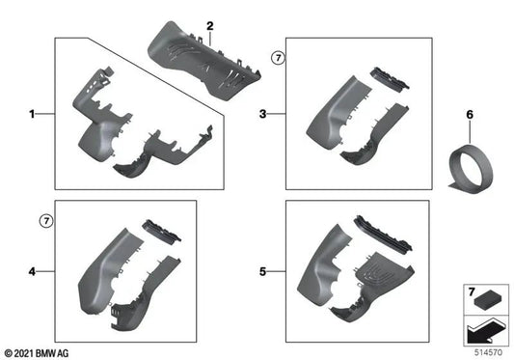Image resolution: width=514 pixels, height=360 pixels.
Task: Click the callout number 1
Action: click(32, 114)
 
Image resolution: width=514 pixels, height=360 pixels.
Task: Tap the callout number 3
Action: click(264, 114)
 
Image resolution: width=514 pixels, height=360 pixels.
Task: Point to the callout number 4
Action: click(32, 273)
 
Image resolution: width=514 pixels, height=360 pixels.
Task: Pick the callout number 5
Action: click(264, 273)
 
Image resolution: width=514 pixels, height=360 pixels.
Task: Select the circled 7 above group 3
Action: click(278, 59)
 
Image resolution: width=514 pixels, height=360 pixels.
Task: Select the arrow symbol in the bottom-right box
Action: click(482, 330)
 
